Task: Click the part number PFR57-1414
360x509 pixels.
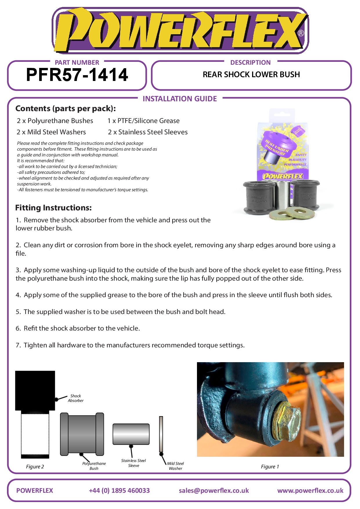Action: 77,75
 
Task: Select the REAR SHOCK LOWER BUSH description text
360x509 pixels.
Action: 251,75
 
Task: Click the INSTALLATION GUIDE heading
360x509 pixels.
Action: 180,99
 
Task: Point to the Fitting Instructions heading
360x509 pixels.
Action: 53,208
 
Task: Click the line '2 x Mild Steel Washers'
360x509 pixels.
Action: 51,132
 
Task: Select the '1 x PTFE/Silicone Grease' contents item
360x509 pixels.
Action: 143,121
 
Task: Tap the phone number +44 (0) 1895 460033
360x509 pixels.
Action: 119,491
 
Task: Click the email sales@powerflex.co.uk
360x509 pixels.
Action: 214,491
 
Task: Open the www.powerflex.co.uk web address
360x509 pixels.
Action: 310,491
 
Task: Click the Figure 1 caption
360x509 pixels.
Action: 270,467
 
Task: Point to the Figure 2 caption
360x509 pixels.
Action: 35,467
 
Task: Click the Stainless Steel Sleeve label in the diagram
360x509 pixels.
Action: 133,463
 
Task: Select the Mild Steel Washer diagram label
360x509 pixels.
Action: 176,466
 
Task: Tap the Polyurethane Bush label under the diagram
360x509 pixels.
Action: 94,466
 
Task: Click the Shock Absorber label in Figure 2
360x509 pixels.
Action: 76,398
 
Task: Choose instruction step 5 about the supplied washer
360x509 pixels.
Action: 120,312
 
